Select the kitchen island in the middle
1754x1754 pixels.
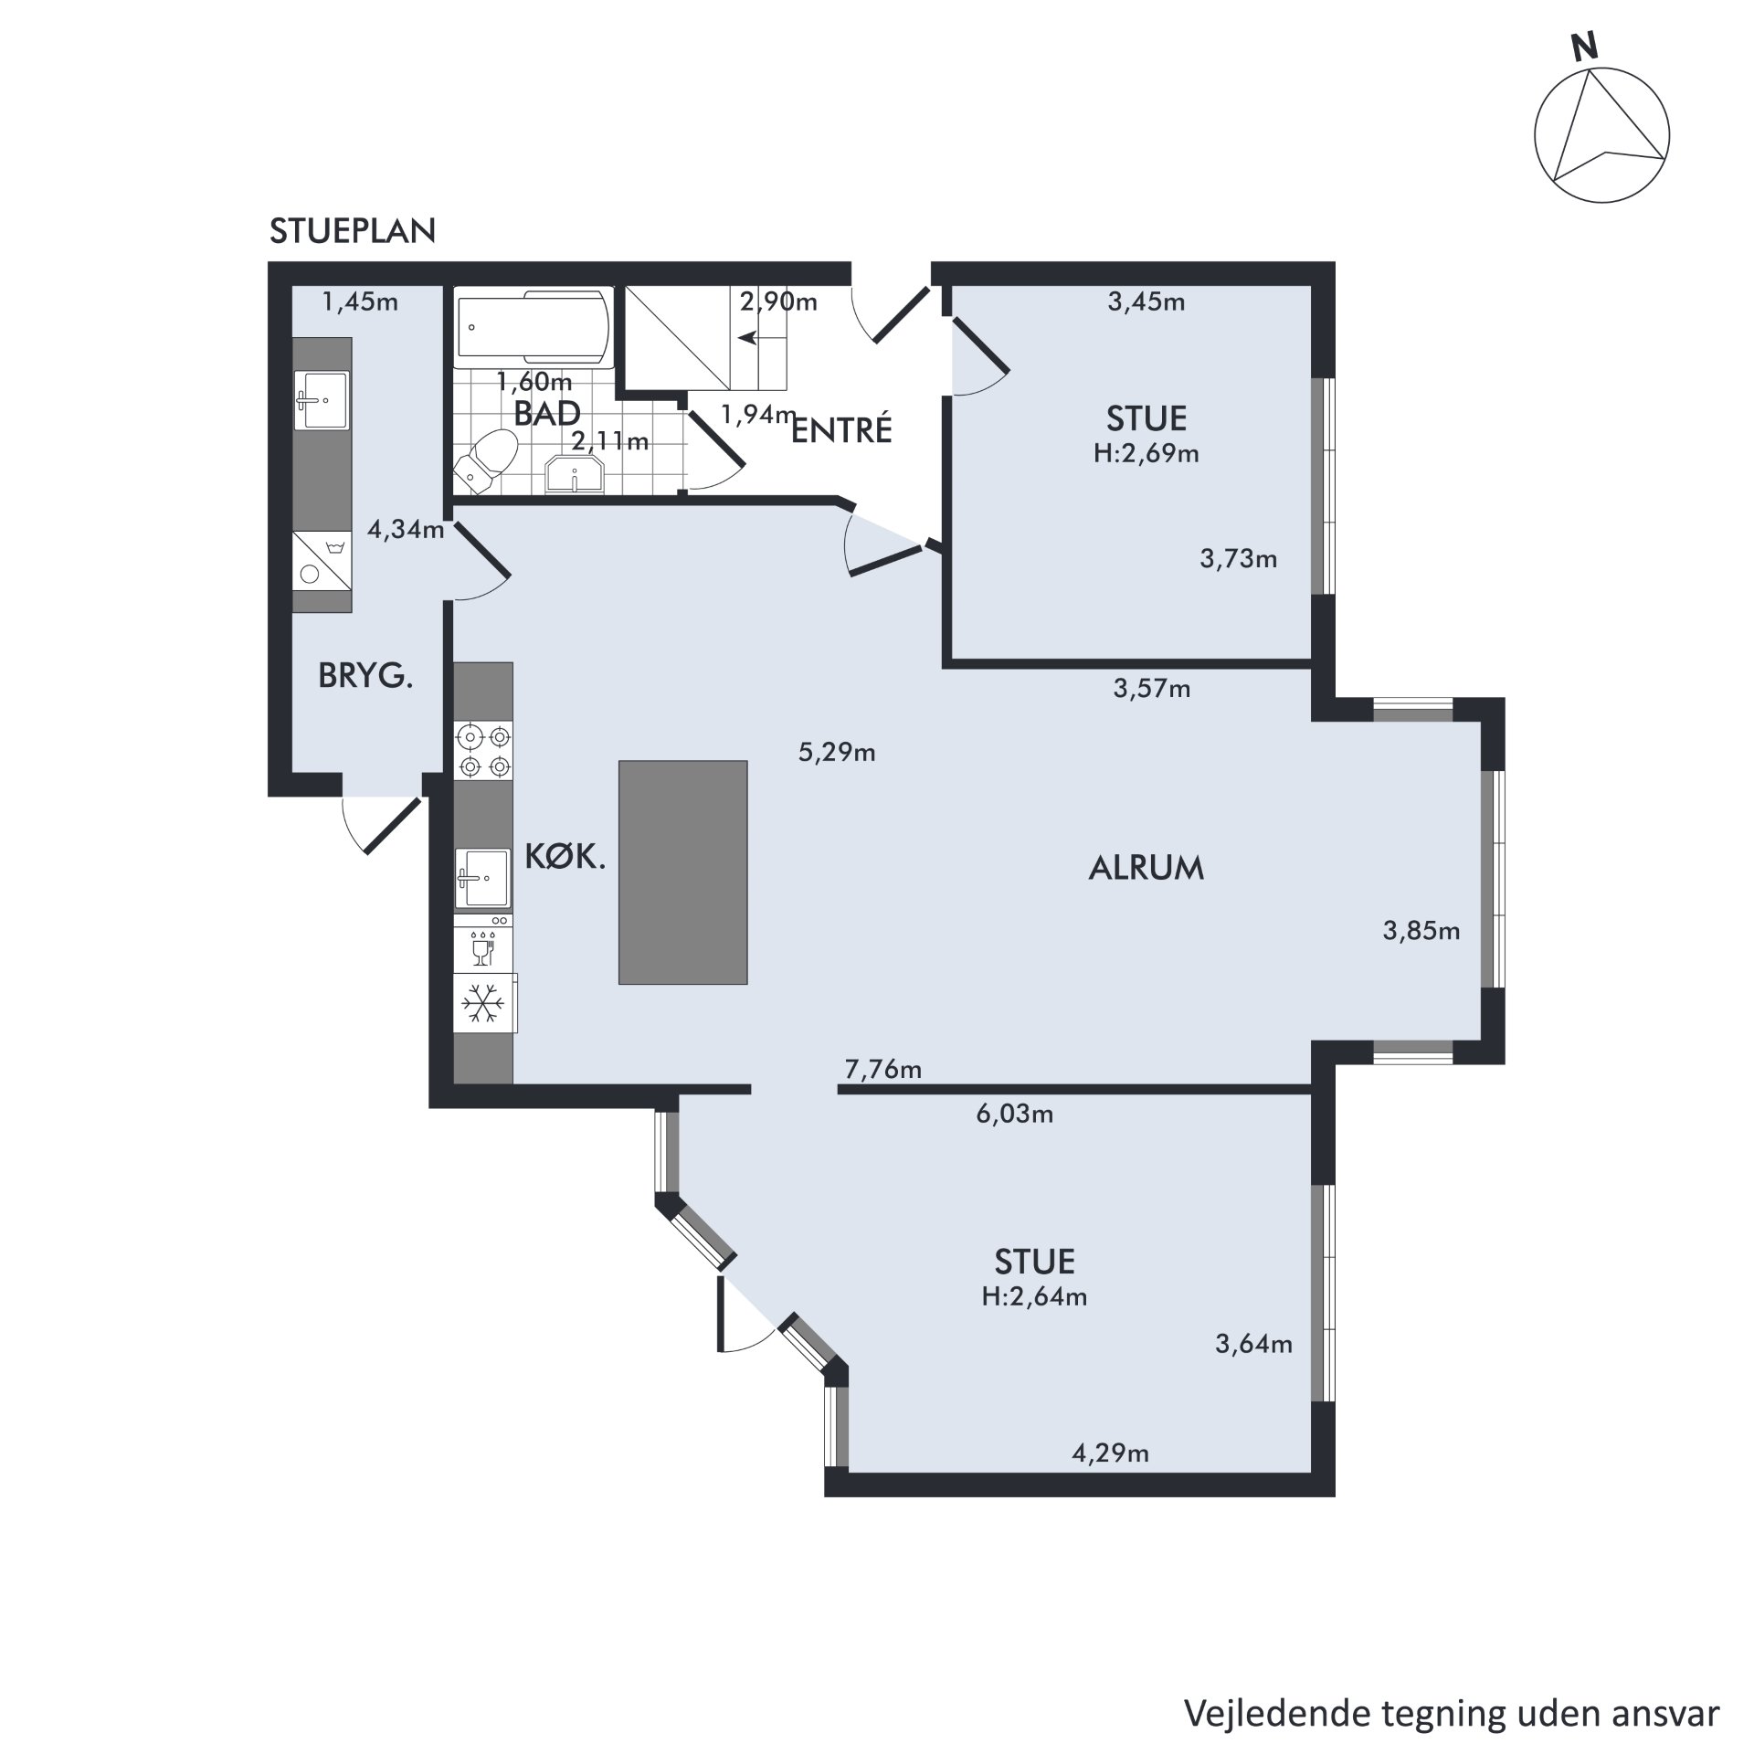coord(682,872)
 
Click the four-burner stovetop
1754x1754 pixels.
coord(483,750)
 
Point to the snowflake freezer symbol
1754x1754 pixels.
coord(483,1002)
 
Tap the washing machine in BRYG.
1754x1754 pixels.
coord(322,561)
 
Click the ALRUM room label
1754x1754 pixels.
coord(1146,867)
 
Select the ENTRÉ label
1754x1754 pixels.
coord(840,430)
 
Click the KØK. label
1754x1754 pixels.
coord(565,856)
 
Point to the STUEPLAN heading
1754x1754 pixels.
coord(353,231)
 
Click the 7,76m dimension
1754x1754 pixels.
coord(882,1068)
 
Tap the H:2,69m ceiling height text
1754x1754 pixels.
coord(1146,453)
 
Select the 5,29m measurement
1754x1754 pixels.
coord(837,752)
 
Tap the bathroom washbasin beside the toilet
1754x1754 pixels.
coord(575,475)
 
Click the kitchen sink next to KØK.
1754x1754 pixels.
coord(482,879)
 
